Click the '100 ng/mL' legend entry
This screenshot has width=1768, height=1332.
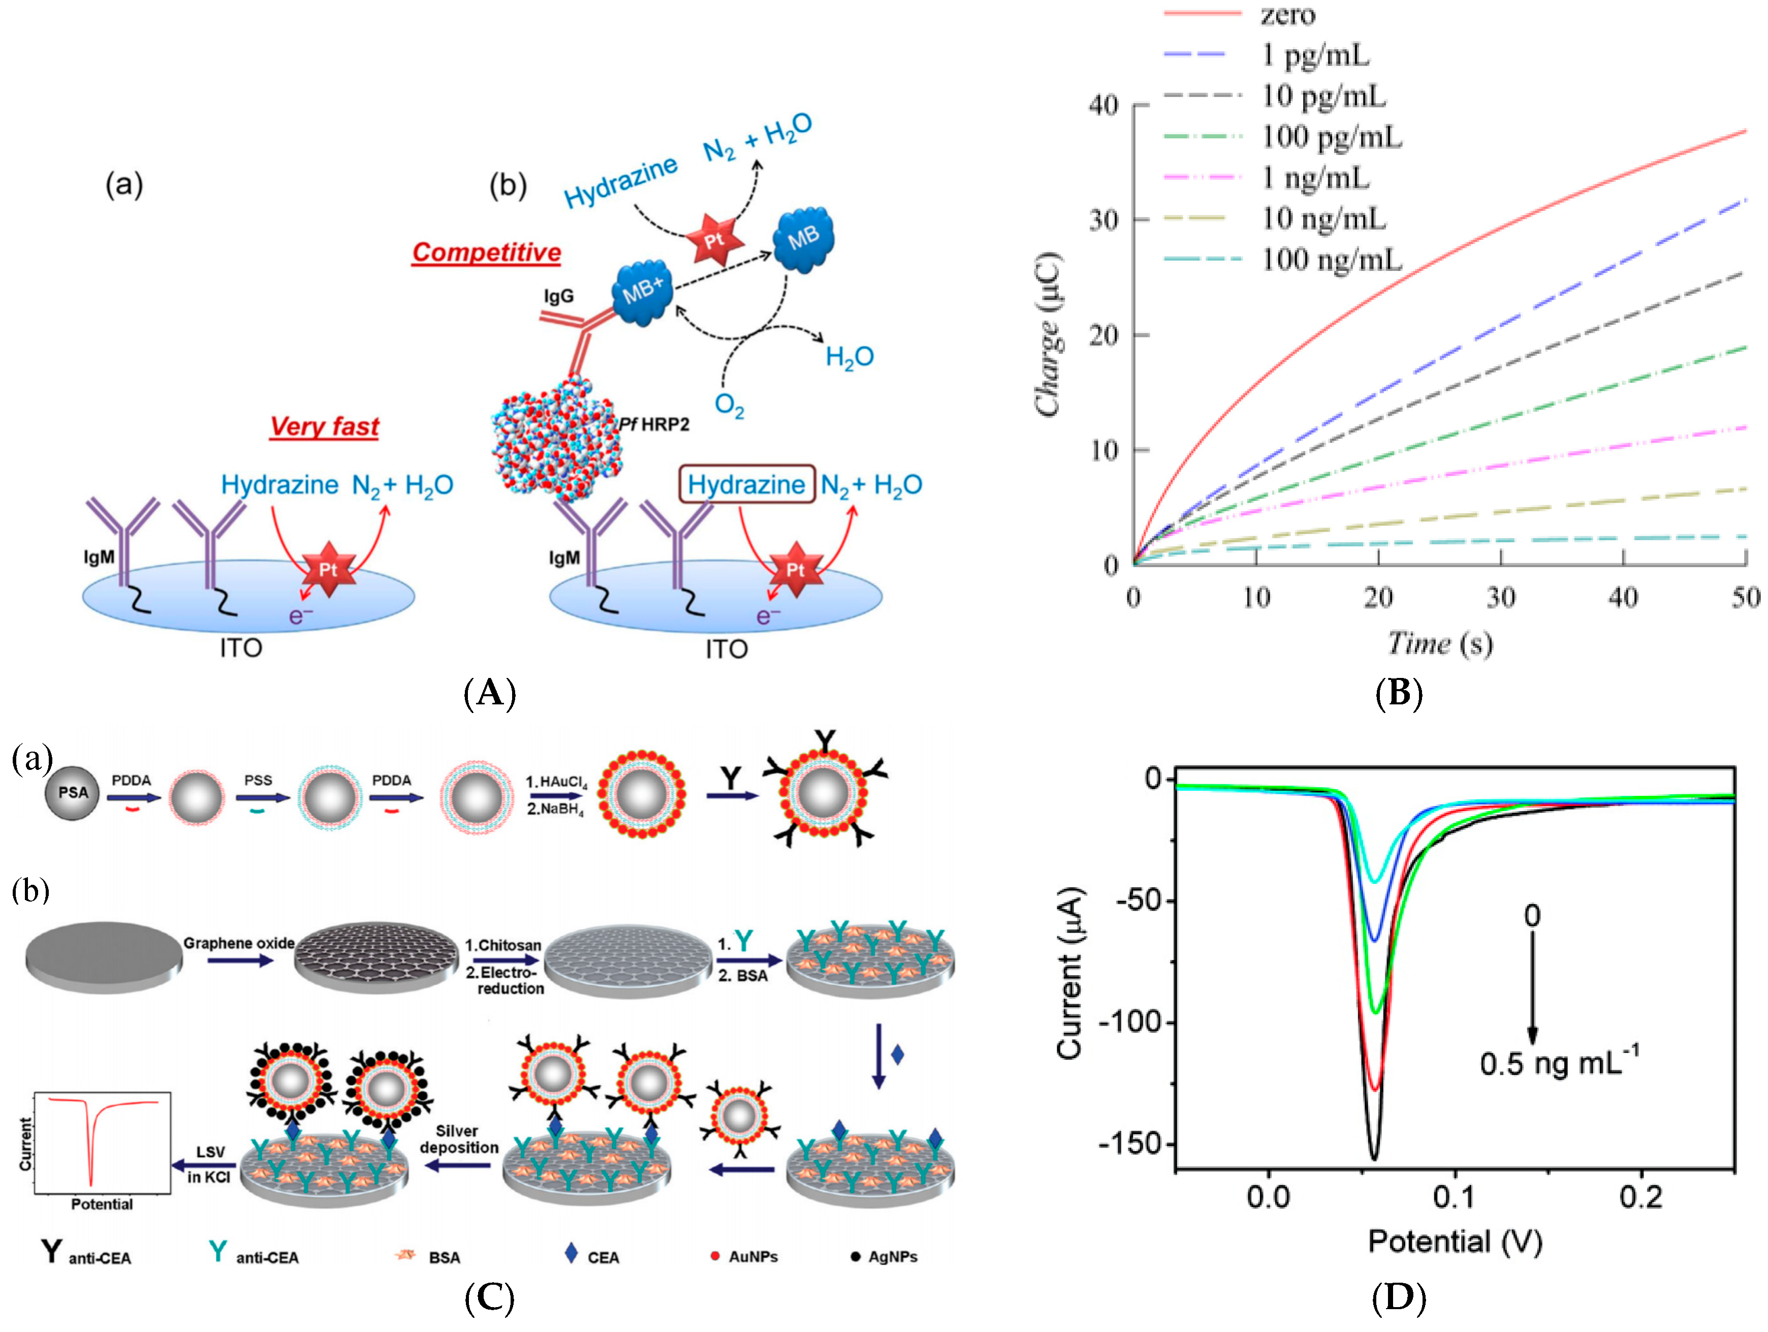[x=1331, y=260]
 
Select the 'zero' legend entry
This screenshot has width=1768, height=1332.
[x=1287, y=14]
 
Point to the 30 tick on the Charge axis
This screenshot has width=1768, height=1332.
[x=1103, y=220]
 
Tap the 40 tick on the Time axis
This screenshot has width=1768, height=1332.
[x=1623, y=597]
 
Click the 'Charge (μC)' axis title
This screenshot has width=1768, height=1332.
[x=1048, y=334]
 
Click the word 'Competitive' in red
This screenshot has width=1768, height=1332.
[x=486, y=253]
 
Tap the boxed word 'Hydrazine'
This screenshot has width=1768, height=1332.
[x=746, y=484]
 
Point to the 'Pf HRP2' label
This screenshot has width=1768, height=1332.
[x=654, y=424]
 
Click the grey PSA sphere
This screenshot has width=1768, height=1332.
[x=72, y=792]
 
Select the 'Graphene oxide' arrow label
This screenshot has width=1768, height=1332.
[x=238, y=943]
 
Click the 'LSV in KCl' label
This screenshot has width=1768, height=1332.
[x=209, y=1164]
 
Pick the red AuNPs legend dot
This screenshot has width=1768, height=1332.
[x=714, y=1256]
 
